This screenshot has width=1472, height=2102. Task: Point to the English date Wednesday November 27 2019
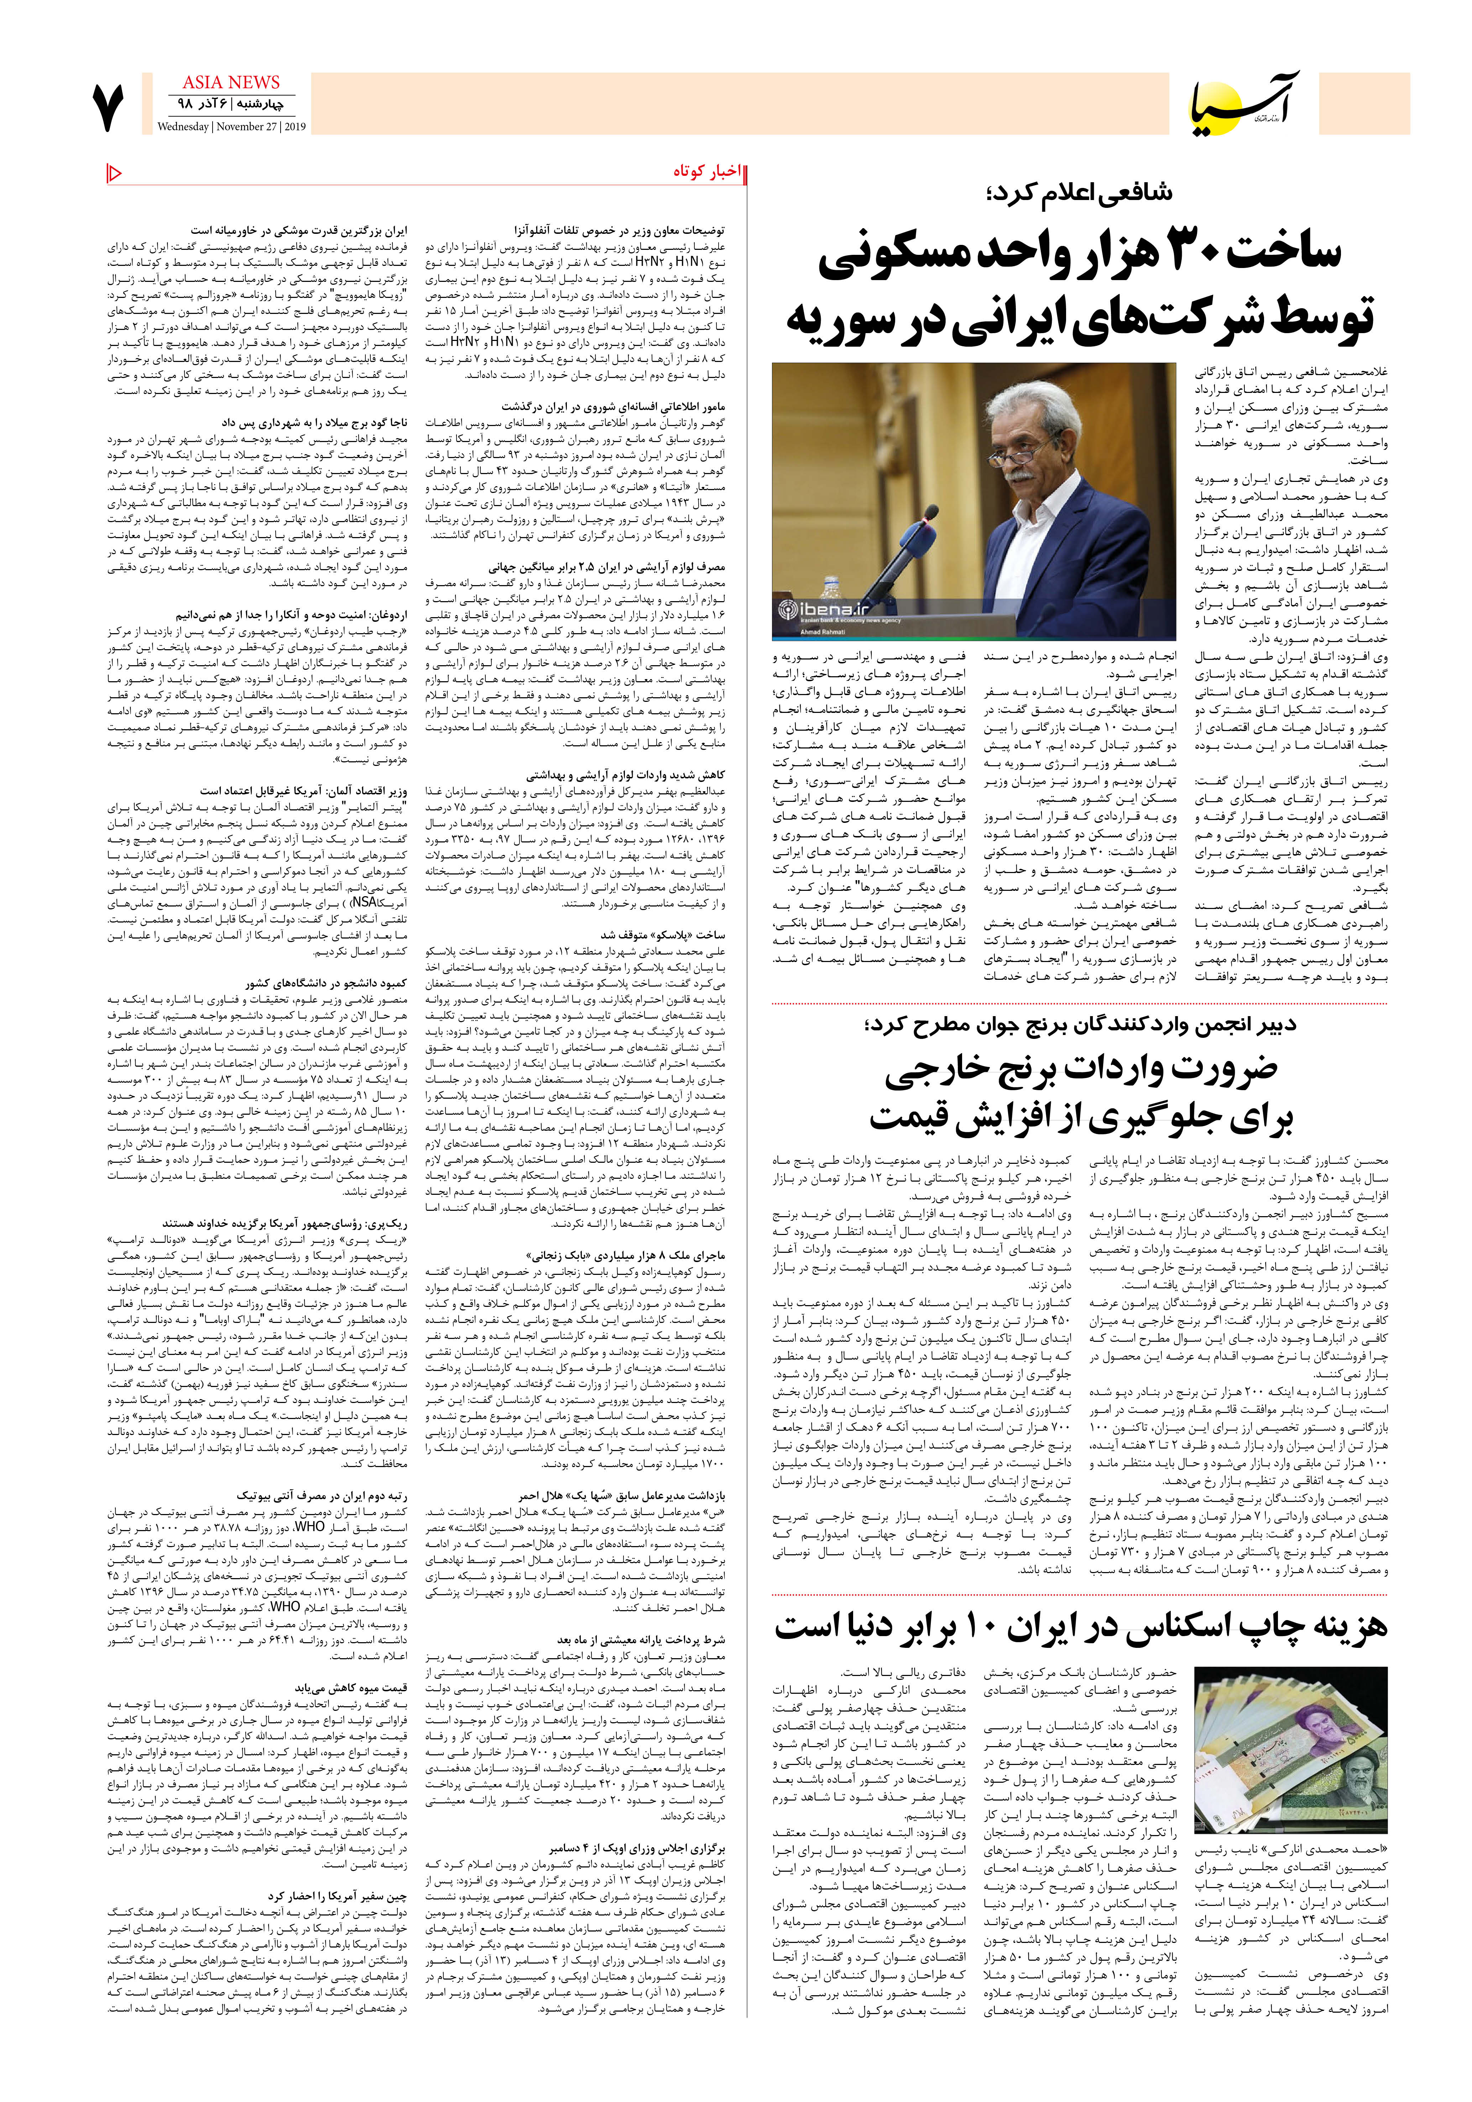tap(231, 127)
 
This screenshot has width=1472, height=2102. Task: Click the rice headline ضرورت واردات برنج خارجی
tap(1081, 1068)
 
